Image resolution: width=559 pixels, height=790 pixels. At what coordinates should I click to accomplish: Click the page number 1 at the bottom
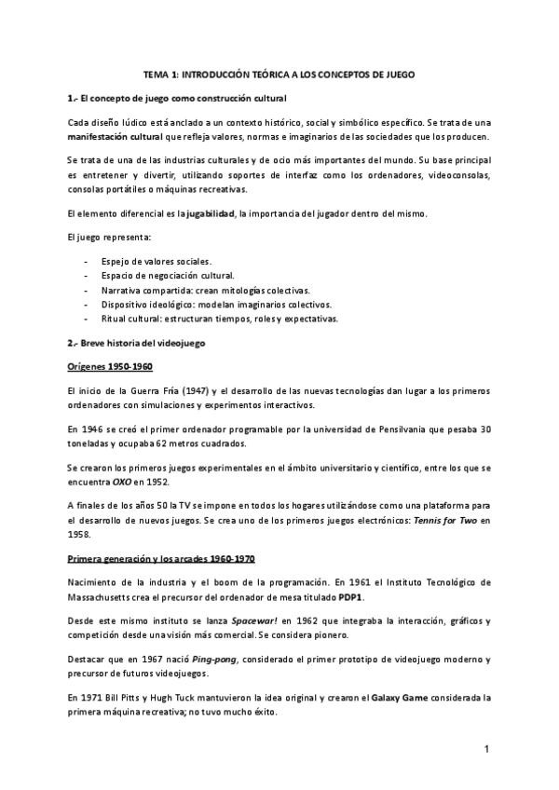point(486,749)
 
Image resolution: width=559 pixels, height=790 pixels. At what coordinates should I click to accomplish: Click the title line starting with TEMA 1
point(279,74)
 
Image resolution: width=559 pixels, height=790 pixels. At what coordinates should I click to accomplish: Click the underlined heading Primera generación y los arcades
point(159,558)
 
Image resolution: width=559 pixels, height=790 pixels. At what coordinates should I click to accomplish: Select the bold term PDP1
point(351,595)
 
